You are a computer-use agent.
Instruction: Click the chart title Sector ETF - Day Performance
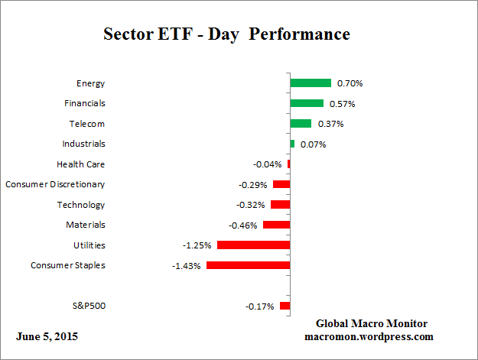point(226,34)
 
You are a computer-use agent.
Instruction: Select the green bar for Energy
point(310,83)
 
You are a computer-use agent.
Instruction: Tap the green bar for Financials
point(306,103)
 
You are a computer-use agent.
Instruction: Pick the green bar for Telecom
point(300,124)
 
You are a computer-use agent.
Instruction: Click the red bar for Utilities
point(253,245)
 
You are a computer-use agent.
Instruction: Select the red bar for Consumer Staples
point(248,265)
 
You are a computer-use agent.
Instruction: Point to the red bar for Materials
point(276,225)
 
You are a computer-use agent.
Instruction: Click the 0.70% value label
point(349,83)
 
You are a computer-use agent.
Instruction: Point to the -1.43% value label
point(186,265)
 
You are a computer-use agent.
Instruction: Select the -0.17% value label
point(260,306)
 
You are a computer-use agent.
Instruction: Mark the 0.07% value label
point(312,144)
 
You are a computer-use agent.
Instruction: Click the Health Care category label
point(80,164)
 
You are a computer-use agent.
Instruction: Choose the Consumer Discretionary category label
point(55,184)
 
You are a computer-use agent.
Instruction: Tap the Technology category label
point(80,205)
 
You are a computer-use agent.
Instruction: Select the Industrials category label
point(83,144)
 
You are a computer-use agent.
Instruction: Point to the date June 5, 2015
point(47,336)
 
